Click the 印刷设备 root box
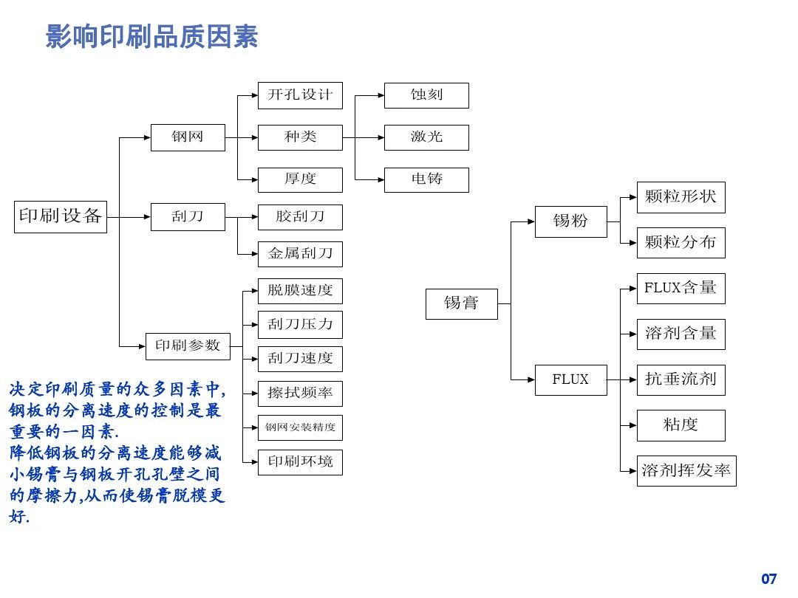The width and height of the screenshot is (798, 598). click(61, 216)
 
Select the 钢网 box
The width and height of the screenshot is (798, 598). click(188, 137)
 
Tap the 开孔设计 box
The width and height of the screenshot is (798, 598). click(300, 95)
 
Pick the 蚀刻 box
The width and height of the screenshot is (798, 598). click(426, 95)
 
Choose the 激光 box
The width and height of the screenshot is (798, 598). click(426, 137)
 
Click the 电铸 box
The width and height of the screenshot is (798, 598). click(426, 179)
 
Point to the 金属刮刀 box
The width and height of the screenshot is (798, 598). click(300, 254)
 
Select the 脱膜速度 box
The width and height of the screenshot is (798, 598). click(300, 290)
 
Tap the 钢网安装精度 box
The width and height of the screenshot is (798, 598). click(300, 427)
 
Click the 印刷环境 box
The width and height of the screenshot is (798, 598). click(300, 461)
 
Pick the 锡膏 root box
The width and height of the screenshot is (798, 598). click(462, 303)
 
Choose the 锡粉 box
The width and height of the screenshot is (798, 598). click(570, 221)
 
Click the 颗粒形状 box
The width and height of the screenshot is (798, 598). click(681, 197)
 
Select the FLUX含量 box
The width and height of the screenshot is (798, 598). click(681, 288)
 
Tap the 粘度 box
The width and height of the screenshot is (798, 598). click(681, 425)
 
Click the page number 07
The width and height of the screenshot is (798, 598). click(769, 579)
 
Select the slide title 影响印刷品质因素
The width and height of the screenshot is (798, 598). click(152, 37)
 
